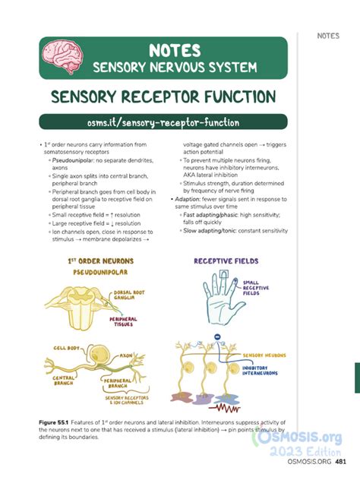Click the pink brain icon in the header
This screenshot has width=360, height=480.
tap(58, 57)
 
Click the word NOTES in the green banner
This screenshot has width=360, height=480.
tap(175, 50)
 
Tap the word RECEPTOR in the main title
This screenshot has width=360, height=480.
tap(164, 97)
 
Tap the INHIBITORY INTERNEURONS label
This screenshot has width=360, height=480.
tap(260, 370)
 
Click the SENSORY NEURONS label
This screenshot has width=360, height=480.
tap(264, 355)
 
